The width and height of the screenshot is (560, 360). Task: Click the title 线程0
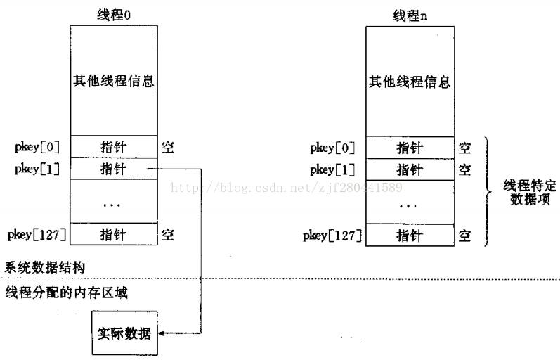point(114,15)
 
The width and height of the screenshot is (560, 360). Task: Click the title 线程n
point(410,16)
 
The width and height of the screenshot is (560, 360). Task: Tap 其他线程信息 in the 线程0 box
point(114,81)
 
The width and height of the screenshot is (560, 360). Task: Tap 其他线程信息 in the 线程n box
point(410,82)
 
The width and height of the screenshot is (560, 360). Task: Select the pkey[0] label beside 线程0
point(37,147)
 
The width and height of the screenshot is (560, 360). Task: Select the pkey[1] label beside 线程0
point(37,169)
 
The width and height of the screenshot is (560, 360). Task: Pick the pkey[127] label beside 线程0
point(37,235)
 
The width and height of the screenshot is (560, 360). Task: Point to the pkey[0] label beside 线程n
point(332,148)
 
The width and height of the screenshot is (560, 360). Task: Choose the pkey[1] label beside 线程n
point(332,170)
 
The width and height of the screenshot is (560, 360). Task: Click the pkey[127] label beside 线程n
point(332,236)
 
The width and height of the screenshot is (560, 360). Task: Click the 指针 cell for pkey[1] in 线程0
point(114,169)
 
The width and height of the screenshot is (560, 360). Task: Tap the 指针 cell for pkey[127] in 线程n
point(410,236)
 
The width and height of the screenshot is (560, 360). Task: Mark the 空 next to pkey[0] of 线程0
point(168,147)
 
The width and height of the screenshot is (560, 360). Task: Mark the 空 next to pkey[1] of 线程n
point(464,170)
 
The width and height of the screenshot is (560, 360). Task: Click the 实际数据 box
point(124,333)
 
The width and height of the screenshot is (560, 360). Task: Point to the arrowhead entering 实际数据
point(160,333)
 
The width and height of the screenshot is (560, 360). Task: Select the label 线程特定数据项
point(530,192)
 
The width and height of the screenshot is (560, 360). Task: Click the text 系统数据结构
point(45,267)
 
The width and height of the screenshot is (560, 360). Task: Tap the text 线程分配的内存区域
point(67,292)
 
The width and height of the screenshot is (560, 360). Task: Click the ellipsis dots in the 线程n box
point(408,206)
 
